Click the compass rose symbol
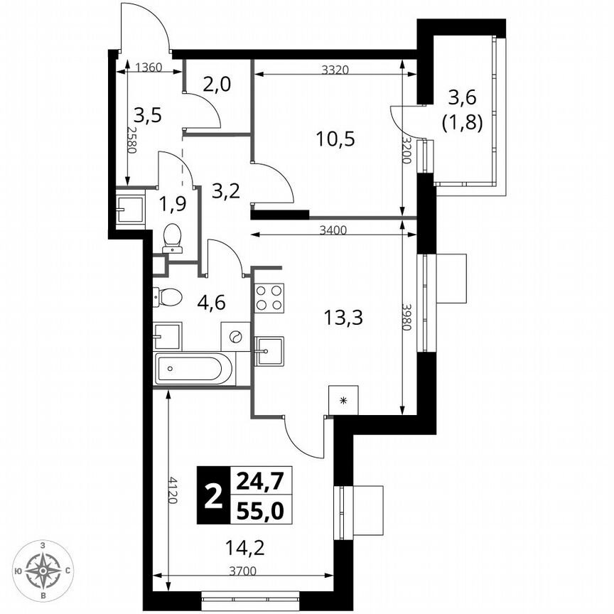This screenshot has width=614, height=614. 44,569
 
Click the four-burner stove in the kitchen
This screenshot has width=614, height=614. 269,298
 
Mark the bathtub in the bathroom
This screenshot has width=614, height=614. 193,370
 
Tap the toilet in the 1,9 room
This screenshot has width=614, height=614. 172,238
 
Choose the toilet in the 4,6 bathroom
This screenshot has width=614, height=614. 168,296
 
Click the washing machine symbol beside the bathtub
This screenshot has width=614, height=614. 236,336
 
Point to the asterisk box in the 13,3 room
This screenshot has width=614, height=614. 344,401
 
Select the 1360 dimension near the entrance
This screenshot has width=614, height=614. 149,68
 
